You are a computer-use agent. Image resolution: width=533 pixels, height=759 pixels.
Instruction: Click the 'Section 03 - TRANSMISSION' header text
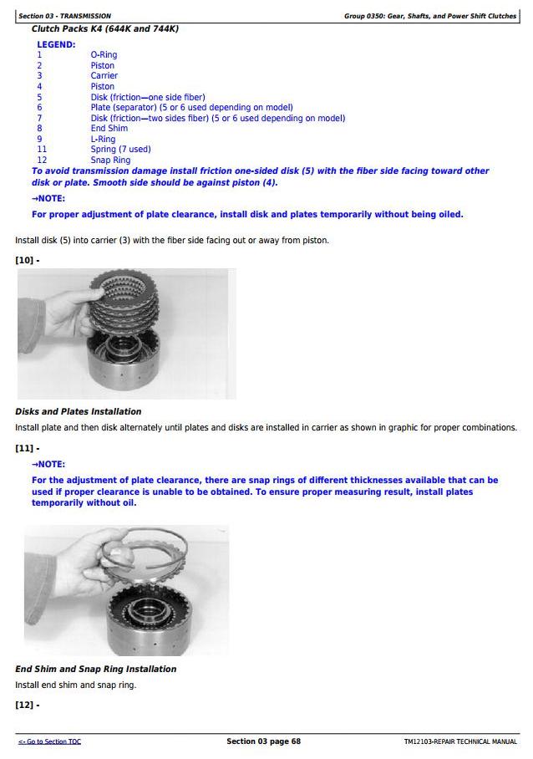point(64,16)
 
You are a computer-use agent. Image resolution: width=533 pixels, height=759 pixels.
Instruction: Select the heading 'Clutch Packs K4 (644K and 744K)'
point(105,28)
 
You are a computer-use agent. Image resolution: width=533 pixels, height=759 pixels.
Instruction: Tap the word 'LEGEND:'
point(56,44)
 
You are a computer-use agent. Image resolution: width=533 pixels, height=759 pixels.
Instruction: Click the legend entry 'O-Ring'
point(104,55)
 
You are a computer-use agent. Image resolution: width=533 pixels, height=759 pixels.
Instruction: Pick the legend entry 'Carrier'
point(104,76)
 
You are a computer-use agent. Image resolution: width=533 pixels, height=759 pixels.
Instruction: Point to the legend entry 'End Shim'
point(109,129)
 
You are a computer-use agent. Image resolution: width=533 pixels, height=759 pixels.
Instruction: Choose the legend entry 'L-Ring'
point(104,140)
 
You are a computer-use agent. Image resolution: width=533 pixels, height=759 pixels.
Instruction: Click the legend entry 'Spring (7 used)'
point(121,150)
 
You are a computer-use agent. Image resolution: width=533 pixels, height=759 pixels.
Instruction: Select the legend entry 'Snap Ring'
point(110,160)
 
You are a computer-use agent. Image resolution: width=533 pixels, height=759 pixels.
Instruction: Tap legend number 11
point(42,150)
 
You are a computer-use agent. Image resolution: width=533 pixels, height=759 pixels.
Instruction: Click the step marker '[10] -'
point(27,260)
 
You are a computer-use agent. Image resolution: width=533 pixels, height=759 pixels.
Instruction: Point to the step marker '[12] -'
point(27,705)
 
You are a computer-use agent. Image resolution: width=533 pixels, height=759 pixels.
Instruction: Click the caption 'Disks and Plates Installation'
point(78,411)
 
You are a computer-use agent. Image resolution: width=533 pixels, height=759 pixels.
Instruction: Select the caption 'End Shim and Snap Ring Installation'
point(95,669)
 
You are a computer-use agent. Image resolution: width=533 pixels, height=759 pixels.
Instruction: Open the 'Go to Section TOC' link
point(50,741)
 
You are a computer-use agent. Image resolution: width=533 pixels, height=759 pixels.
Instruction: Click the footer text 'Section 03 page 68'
point(263,741)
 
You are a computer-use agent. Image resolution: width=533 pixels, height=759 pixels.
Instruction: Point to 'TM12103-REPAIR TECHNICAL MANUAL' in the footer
point(460,741)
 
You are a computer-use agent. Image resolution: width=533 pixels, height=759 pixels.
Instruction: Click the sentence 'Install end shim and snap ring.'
point(75,685)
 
